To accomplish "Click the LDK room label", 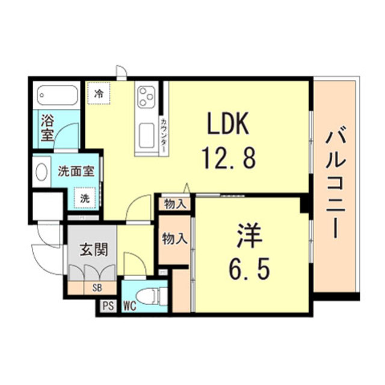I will tap(228, 125).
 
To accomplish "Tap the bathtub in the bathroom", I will tap(58, 96).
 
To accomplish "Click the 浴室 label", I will tap(47, 127).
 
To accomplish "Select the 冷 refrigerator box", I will tap(99, 93).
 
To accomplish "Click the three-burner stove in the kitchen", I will tap(147, 96).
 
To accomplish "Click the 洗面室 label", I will tap(76, 171).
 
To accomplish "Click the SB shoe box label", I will tap(97, 288).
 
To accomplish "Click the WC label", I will tap(129, 306).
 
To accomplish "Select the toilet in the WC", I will tap(150, 295).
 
